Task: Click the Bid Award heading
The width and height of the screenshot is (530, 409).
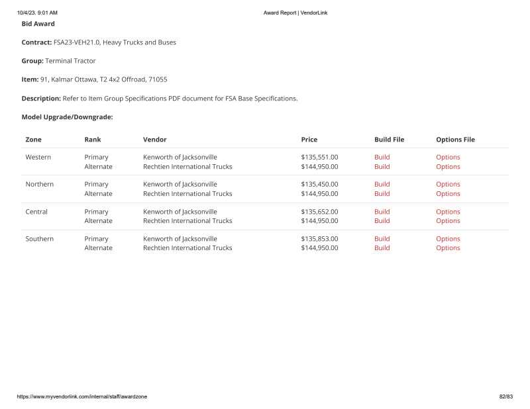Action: pyautogui.click(x=38, y=24)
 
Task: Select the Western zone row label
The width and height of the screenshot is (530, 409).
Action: pyautogui.click(x=38, y=158)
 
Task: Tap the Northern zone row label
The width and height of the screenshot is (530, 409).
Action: pyautogui.click(x=39, y=185)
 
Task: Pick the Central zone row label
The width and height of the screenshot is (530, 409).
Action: pyautogui.click(x=36, y=212)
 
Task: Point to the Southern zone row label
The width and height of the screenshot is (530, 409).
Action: pyautogui.click(x=39, y=239)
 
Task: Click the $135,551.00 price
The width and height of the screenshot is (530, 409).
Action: pyautogui.click(x=319, y=158)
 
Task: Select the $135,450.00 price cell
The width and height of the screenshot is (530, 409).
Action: pyautogui.click(x=319, y=185)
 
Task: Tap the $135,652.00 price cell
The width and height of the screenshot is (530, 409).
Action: pyautogui.click(x=319, y=212)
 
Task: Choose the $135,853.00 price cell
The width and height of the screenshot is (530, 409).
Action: pyautogui.click(x=319, y=239)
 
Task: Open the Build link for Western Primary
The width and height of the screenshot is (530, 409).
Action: pyautogui.click(x=382, y=158)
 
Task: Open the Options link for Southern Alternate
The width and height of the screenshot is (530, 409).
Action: pyautogui.click(x=448, y=248)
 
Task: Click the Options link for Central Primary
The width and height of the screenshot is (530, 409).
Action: pyautogui.click(x=448, y=212)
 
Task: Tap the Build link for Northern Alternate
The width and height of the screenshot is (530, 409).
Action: pyautogui.click(x=382, y=194)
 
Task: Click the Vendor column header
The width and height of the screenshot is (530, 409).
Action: pyautogui.click(x=154, y=140)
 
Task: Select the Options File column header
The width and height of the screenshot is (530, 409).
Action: pyautogui.click(x=455, y=140)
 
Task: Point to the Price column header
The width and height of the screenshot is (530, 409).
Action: pyautogui.click(x=309, y=140)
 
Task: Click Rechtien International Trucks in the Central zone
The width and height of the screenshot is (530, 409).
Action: pyautogui.click(x=187, y=221)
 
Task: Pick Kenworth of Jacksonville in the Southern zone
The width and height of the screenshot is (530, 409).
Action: pyautogui.click(x=180, y=239)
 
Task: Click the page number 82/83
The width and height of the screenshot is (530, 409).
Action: pyautogui.click(x=506, y=396)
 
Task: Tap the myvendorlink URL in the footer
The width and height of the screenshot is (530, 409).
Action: pyautogui.click(x=82, y=396)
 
